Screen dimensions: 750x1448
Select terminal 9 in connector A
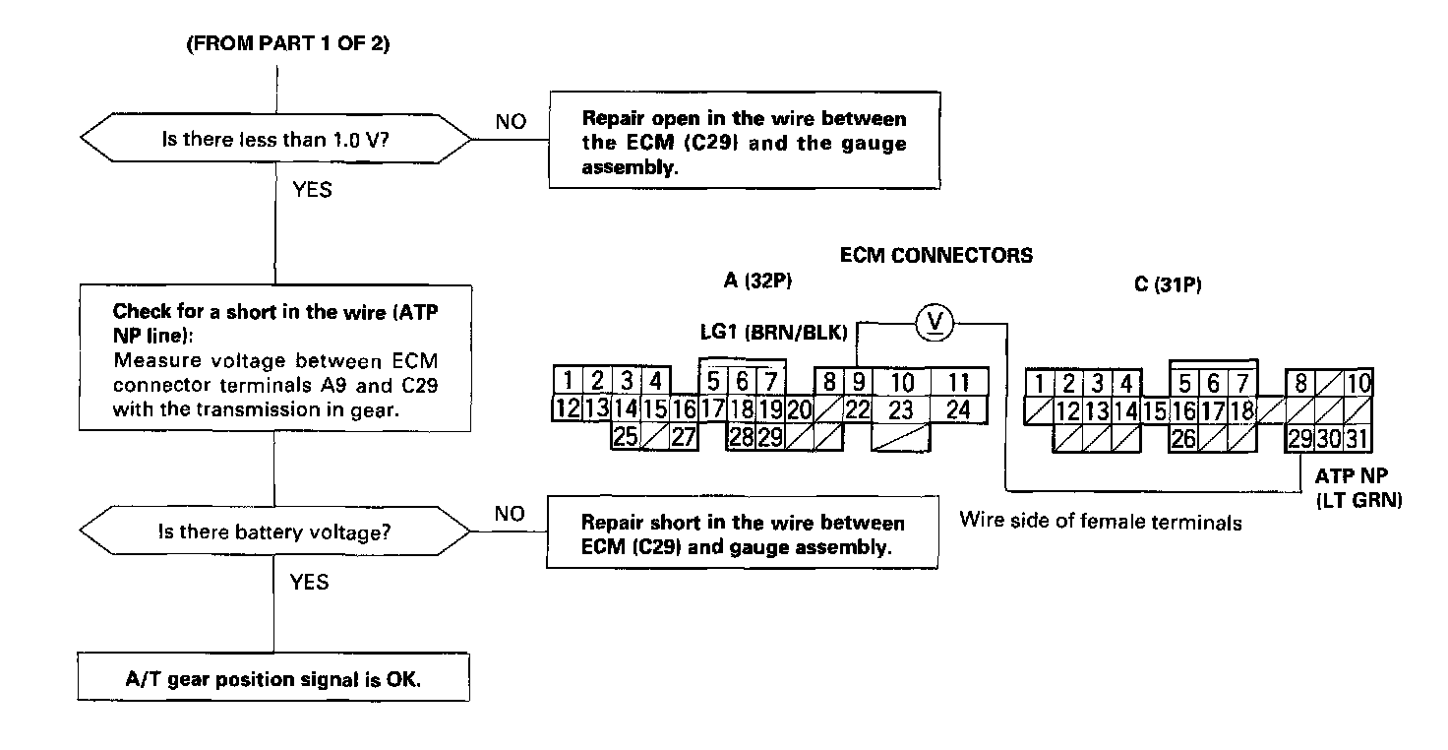pos(859,381)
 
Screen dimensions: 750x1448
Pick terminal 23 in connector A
pos(901,408)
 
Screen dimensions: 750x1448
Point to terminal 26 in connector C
pos(1184,438)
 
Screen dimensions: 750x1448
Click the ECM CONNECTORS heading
pos(935,256)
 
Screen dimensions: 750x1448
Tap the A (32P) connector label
pos(757,281)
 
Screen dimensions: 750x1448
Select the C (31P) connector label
pos(1168,285)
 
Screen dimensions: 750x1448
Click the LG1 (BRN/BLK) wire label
pos(774,333)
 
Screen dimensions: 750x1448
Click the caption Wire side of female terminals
pos(1100,523)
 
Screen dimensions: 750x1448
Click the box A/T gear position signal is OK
pos(273,680)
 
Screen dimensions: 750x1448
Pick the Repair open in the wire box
pos(744,143)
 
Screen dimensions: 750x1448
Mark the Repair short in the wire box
pos(742,535)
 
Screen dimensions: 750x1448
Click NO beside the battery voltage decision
pos(509,514)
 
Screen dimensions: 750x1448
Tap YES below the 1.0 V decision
pos(312,190)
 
